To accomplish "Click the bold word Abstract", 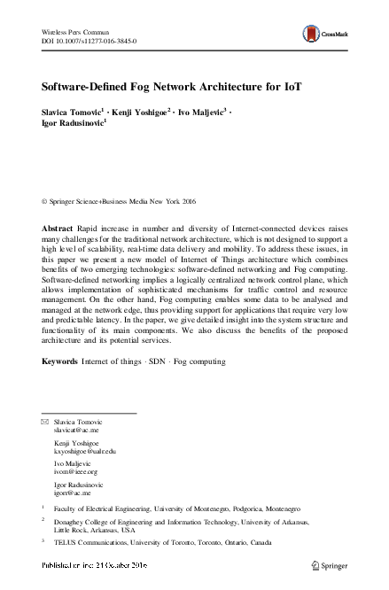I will point(58,228).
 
